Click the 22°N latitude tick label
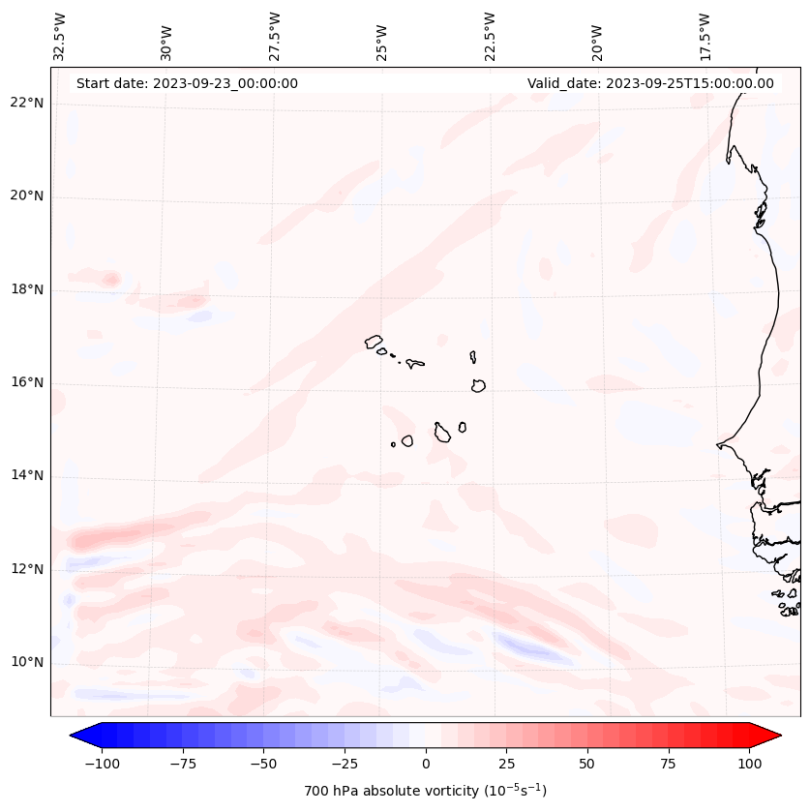[27, 103]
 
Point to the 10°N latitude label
[27, 662]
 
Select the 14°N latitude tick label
[27, 475]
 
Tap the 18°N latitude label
[27, 289]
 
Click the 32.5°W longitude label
[59, 36]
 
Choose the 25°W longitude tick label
[382, 39]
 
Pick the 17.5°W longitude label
[705, 36]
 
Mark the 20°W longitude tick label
[597, 39]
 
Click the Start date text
[187, 83]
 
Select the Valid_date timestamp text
[650, 83]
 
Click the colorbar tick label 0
[426, 764]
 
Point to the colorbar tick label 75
[668, 764]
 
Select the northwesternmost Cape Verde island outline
[374, 342]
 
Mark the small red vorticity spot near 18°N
[111, 280]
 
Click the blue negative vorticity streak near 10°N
[532, 647]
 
